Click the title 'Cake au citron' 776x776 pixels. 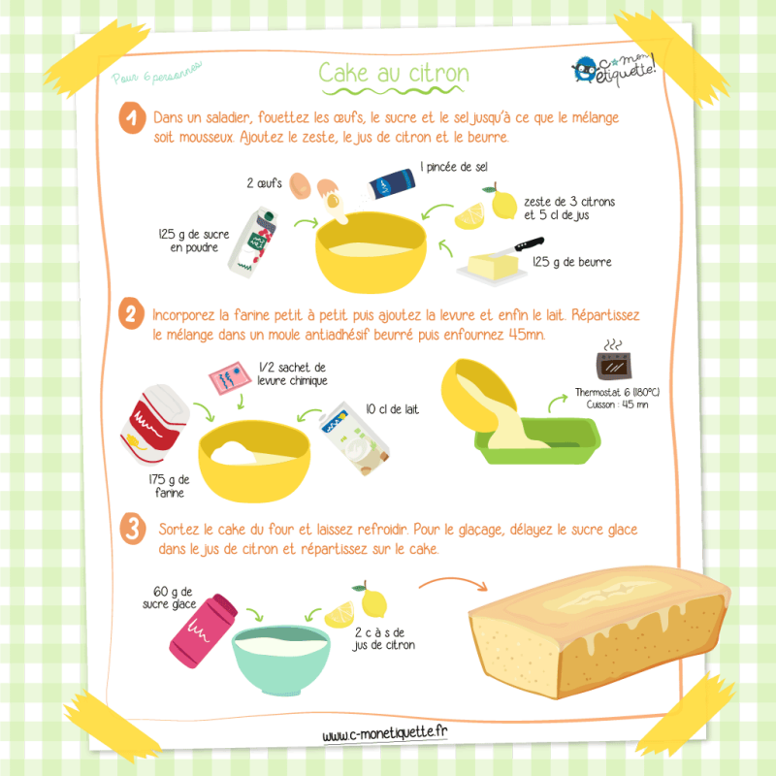[x=394, y=73]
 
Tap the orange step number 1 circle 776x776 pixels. [x=132, y=117]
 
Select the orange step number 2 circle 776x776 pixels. [x=131, y=313]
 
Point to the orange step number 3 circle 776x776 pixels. [x=133, y=529]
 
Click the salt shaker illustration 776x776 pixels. [x=391, y=184]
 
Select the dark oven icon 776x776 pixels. [x=614, y=366]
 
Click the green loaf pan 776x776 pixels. [x=537, y=440]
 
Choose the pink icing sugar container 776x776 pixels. [x=204, y=630]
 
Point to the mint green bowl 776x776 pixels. [x=281, y=660]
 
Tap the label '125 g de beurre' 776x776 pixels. [x=572, y=262]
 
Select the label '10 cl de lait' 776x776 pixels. [x=393, y=409]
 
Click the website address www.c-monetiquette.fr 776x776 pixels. [x=385, y=734]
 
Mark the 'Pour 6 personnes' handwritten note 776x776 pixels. [x=157, y=74]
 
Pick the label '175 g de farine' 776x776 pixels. [x=169, y=486]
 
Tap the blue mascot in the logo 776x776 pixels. [x=586, y=70]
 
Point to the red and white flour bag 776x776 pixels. [x=154, y=425]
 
